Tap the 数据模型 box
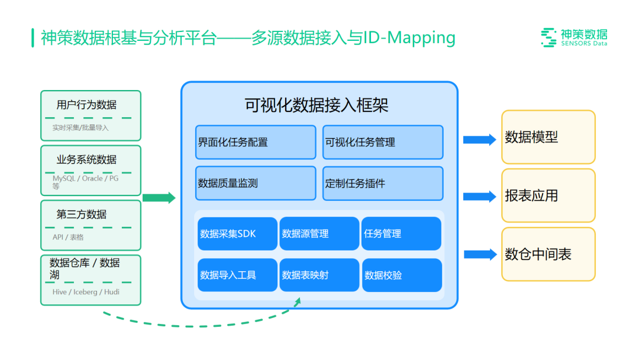548,137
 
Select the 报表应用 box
548,196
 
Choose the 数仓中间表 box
548,254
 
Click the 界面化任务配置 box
256,142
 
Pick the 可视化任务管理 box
383,142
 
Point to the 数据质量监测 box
256,184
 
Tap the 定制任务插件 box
383,184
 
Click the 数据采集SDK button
237,233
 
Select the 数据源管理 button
319,233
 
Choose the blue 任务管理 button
401,233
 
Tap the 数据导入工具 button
237,275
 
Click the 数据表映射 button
319,275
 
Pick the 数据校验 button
401,275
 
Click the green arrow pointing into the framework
159,198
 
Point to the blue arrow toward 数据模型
479,140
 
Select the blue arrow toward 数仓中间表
479,255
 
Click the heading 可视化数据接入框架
317,105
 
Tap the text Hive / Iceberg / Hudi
86,292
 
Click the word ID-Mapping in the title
408,38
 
